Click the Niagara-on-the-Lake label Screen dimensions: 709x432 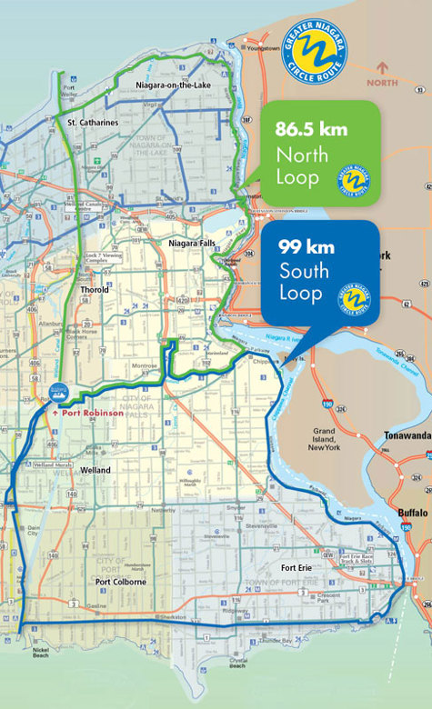point(166,85)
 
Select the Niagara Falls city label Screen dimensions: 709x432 point(191,244)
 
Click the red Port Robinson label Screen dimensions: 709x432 point(91,413)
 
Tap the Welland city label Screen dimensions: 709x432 point(95,470)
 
